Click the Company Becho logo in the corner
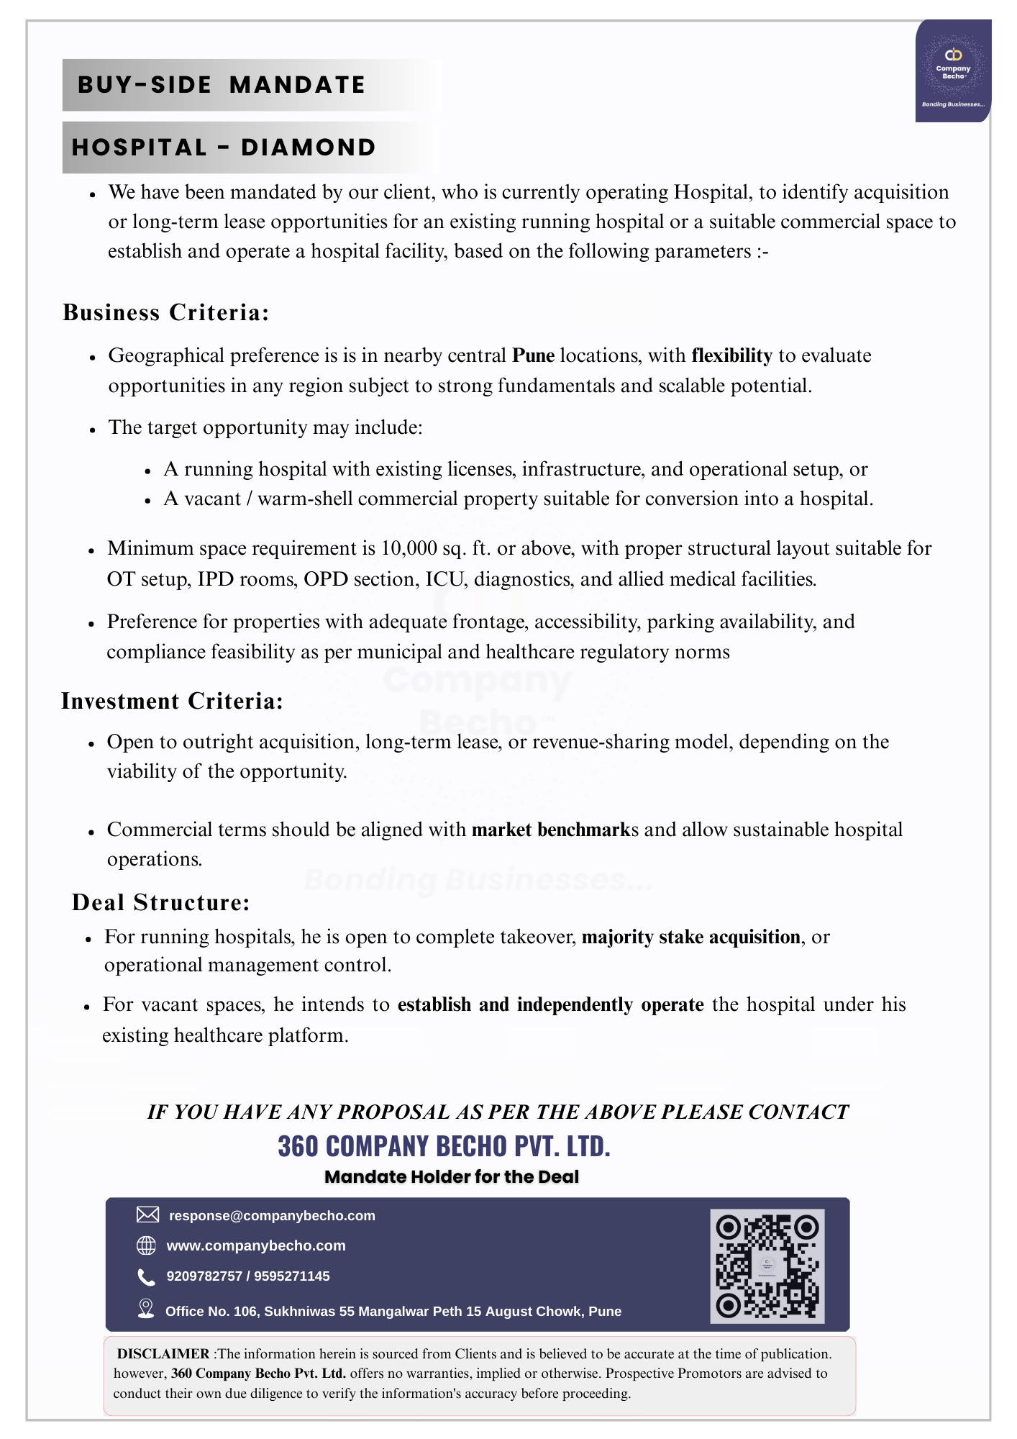[x=953, y=71]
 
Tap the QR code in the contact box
[x=767, y=1266]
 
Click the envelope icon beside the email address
[x=147, y=1215]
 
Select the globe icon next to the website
[x=146, y=1245]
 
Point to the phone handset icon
[x=146, y=1276]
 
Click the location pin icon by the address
[x=146, y=1309]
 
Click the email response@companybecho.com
[x=272, y=1216]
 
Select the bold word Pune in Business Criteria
[x=533, y=355]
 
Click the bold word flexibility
[x=731, y=355]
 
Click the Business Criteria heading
[x=166, y=312]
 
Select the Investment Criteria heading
[x=173, y=701]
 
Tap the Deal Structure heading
[x=161, y=902]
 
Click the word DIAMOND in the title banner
[x=309, y=147]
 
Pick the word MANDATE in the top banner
[x=297, y=85]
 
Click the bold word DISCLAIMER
[x=163, y=1354]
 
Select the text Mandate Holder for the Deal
[x=452, y=1177]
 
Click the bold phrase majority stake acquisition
[x=690, y=937]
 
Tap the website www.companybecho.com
[x=256, y=1246]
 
